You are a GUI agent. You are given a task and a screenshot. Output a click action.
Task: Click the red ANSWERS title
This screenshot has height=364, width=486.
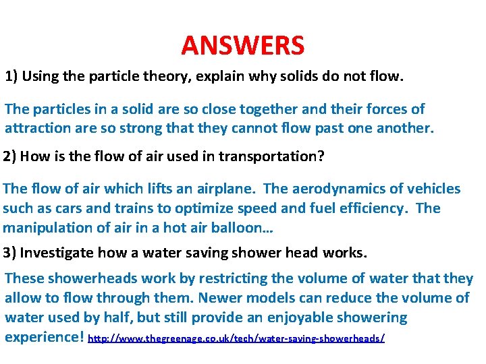pos(243,46)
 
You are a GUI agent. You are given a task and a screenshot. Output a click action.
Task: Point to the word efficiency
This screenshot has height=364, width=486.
pos(371,208)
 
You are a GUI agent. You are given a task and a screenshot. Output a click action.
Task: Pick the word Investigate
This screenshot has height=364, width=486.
pos(57,253)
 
